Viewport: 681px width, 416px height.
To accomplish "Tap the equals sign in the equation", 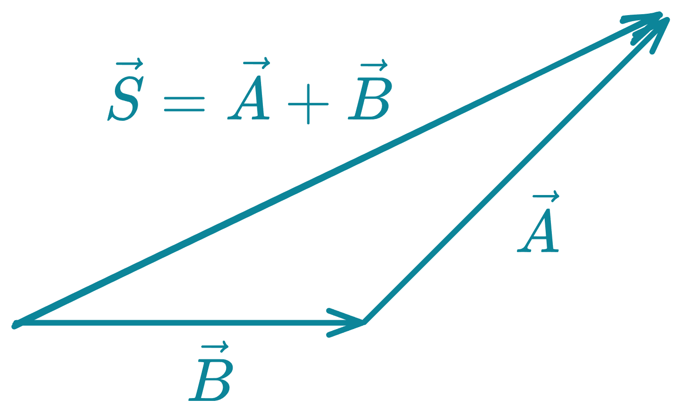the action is coord(184,104).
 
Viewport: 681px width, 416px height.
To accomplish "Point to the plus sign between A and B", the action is coord(307,104).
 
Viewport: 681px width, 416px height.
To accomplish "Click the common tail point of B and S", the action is coord(16,324).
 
